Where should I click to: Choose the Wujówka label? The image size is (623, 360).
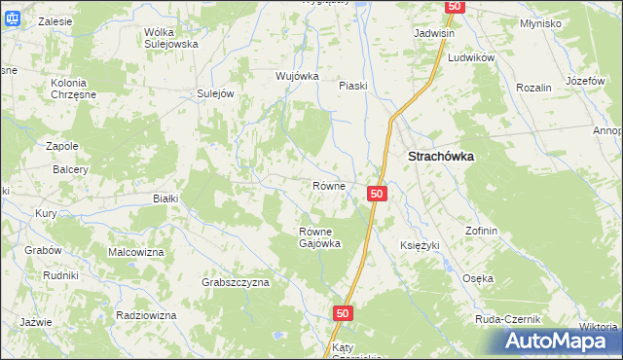point(297,76)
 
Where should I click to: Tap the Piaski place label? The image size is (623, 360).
point(352,86)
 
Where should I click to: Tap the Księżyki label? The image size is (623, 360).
point(421,245)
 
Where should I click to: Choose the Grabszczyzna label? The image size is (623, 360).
point(236,282)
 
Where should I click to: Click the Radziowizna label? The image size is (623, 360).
point(145,316)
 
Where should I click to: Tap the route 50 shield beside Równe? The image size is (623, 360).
point(379,195)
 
